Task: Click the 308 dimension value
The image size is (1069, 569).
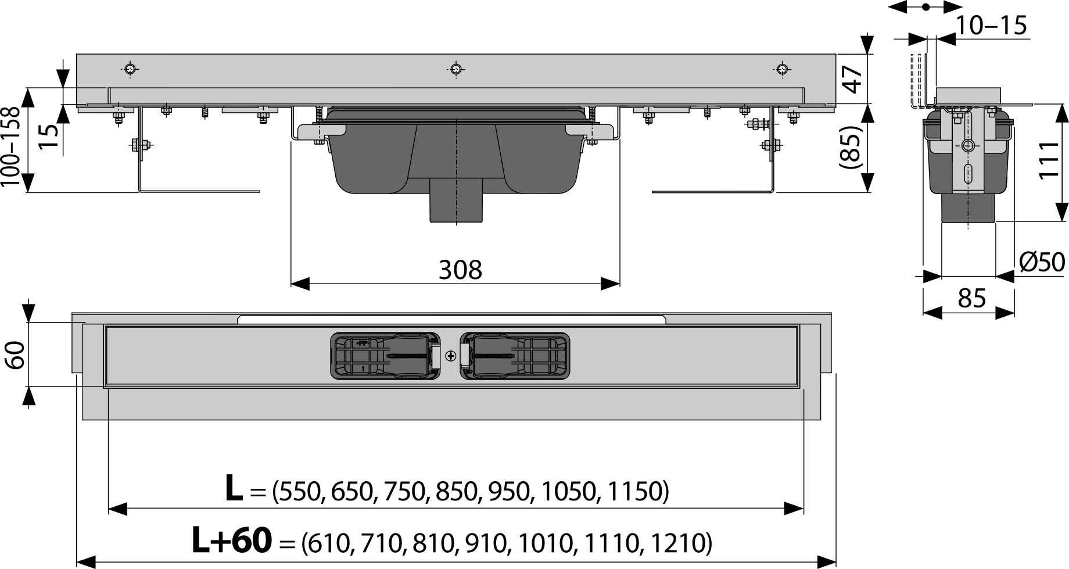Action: pyautogui.click(x=460, y=270)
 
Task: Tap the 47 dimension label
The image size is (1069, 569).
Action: pyautogui.click(x=852, y=79)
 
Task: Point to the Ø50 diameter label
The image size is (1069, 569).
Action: pyautogui.click(x=1042, y=262)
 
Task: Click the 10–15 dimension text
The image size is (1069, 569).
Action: pyautogui.click(x=991, y=26)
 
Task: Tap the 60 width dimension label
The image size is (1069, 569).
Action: pyautogui.click(x=15, y=355)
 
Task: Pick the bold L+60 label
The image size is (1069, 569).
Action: pyautogui.click(x=231, y=540)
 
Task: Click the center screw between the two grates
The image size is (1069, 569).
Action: pyautogui.click(x=451, y=356)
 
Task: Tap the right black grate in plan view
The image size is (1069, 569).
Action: pyautogui.click(x=515, y=356)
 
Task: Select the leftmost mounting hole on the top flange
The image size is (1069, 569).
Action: pyautogui.click(x=132, y=69)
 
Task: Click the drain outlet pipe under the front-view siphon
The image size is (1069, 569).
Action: pyautogui.click(x=456, y=201)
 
